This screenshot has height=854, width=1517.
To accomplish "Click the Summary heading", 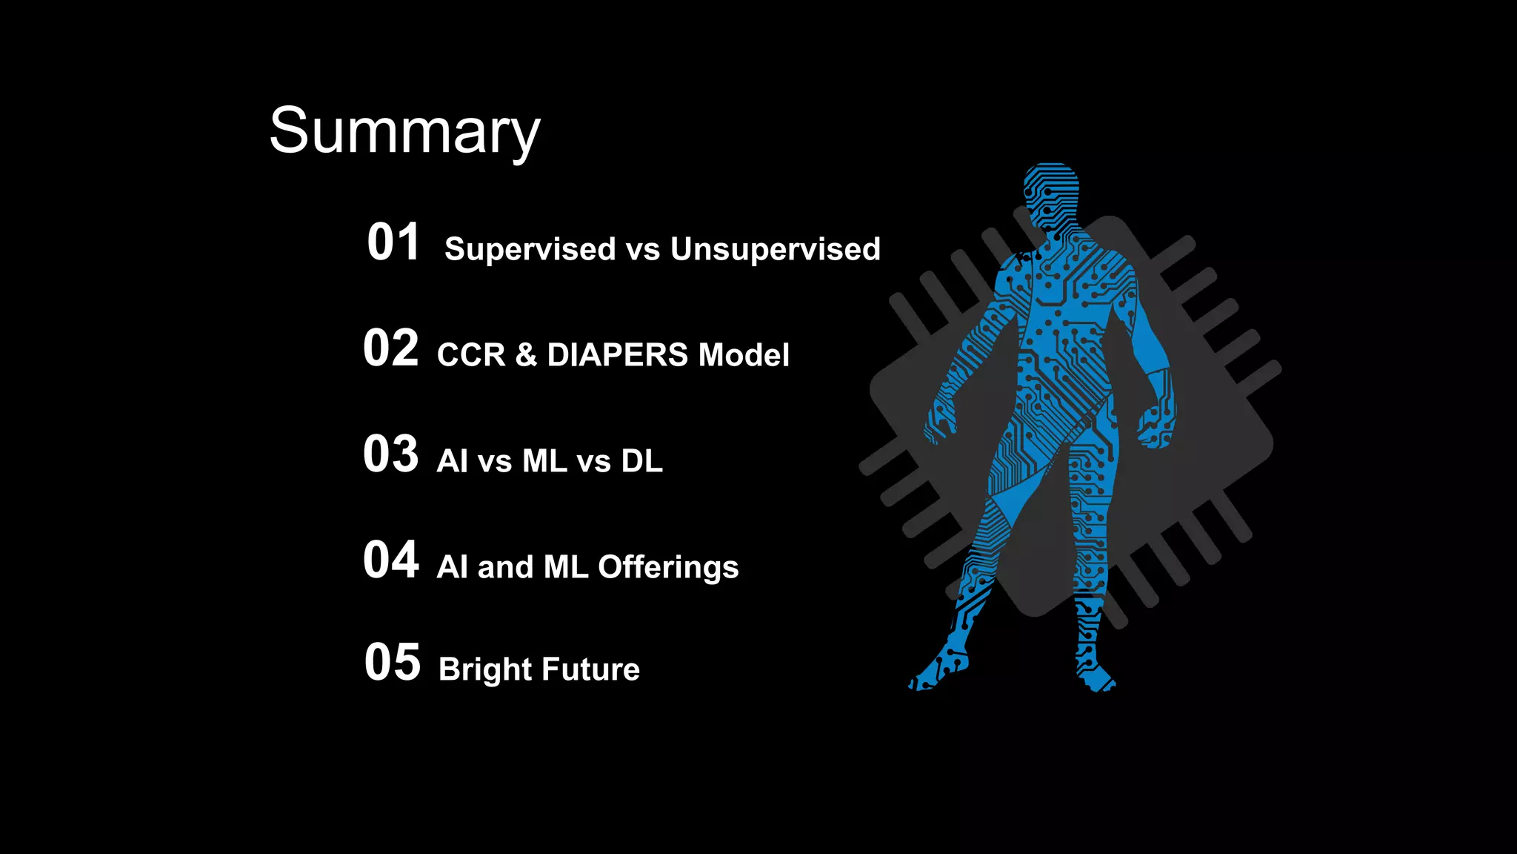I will coord(404,130).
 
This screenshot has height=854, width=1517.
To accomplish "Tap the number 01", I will coord(393,242).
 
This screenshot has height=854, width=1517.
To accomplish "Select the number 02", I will coord(390,348).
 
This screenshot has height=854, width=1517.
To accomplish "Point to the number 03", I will coord(390,454).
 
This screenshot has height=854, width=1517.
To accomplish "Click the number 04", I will coord(390,560).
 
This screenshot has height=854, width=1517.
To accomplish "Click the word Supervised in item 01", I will coord(530,249).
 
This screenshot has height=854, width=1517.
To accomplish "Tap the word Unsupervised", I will coord(775,249).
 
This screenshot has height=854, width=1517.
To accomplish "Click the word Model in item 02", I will coord(744,355).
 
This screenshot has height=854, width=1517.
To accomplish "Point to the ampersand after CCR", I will coord(526,355).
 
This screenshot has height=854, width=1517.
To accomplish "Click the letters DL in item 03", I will coord(641,461).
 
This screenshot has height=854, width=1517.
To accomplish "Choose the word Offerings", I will coord(668,568).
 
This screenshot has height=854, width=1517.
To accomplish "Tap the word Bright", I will coord(485,669).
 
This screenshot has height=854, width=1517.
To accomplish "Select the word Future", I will coord(590,669).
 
